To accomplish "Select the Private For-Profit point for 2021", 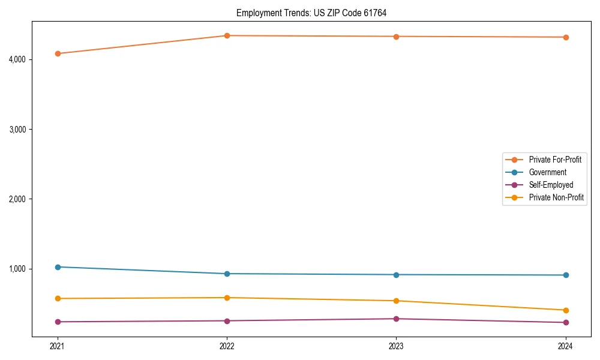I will pos(58,53).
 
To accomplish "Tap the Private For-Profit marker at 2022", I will pos(227,35).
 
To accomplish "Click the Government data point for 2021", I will pos(58,267).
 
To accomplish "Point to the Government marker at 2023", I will pos(396,275).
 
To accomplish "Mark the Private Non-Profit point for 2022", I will pos(227,298).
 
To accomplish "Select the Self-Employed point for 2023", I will pos(396,319).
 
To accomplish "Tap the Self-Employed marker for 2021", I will pos(58,322).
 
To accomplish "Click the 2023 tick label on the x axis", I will pos(396,346).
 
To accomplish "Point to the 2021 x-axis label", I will pos(58,346).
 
